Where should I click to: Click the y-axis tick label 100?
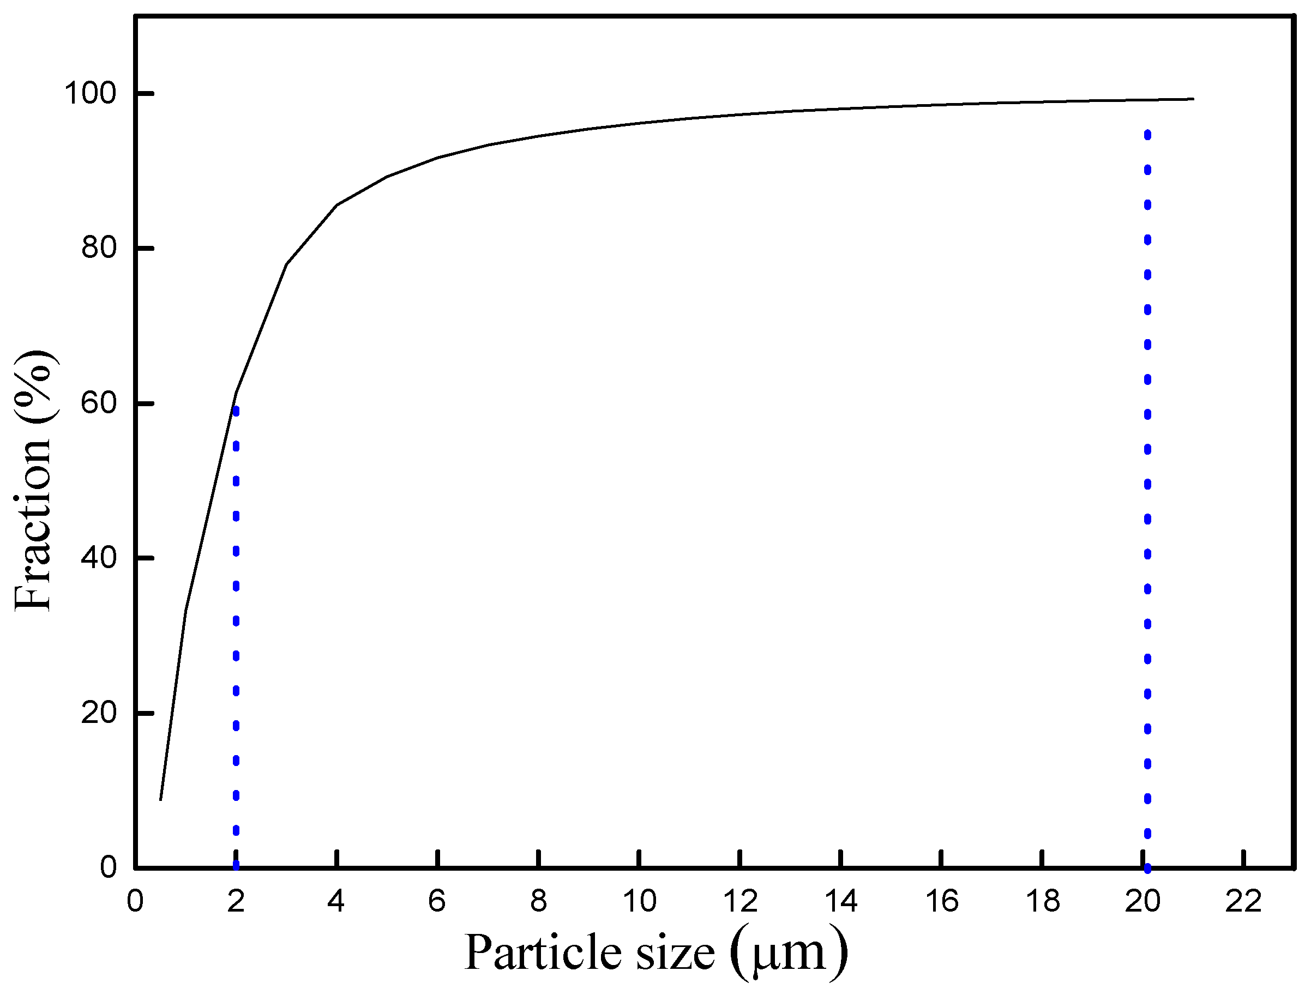90,94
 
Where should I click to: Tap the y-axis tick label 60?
98,403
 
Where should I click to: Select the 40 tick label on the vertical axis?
98,558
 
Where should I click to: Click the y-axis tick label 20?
98,713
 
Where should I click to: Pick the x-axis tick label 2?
236,902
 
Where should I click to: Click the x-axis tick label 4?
336,902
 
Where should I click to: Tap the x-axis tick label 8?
538,902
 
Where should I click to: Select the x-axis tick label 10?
639,902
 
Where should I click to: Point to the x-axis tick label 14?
841,902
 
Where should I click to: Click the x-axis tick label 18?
1043,902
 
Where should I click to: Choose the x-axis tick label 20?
1142,902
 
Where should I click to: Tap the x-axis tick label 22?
1243,902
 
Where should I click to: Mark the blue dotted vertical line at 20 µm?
1147,486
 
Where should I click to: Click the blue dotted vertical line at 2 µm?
237,622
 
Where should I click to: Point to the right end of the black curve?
1193,99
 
